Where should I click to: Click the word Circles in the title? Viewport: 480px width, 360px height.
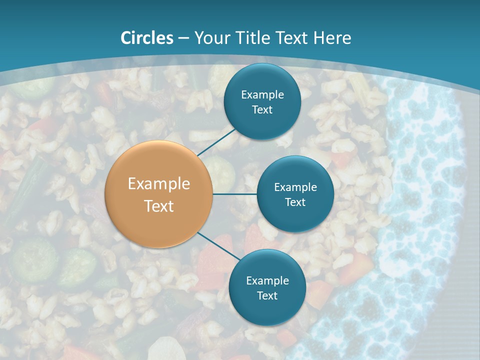[147, 38]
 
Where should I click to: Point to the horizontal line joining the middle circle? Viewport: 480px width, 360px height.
[235, 194]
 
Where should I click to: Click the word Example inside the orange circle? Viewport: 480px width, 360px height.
[159, 184]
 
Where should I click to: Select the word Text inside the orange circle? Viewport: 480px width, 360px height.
[159, 206]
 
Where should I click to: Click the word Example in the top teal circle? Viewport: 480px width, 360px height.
[262, 94]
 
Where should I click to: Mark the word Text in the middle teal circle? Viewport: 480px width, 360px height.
[295, 202]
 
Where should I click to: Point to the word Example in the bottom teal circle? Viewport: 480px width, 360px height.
[267, 280]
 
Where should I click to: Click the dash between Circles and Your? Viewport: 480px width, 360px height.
[183, 38]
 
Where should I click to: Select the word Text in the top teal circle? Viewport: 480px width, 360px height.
[262, 109]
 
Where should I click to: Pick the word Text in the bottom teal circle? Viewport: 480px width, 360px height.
[267, 295]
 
